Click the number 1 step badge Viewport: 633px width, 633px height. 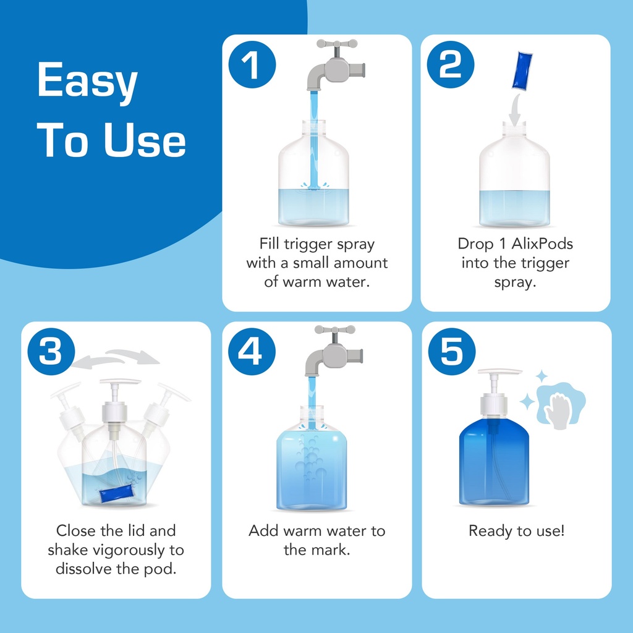point(252,64)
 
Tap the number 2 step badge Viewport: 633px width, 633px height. point(451,64)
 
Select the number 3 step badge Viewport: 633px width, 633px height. point(51,352)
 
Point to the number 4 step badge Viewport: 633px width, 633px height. point(252,352)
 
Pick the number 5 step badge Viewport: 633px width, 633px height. point(452,352)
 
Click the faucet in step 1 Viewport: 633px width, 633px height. point(336,64)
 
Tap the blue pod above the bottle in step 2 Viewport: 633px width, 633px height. point(522,70)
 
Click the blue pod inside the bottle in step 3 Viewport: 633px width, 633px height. point(116,493)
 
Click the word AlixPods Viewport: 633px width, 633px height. point(542,244)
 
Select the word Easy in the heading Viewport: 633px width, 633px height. point(88,81)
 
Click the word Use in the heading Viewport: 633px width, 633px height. point(145,139)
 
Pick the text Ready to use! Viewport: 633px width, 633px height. point(516,531)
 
